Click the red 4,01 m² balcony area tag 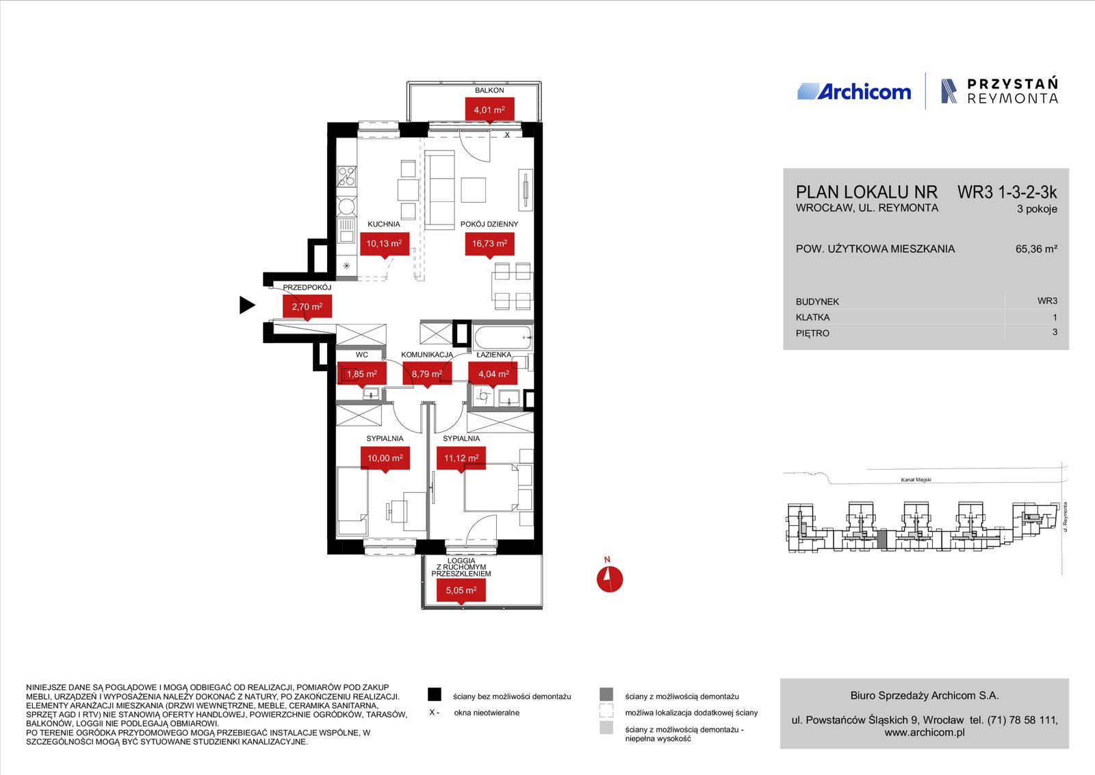click(x=489, y=110)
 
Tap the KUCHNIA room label click(x=384, y=224)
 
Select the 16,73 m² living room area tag click(x=489, y=244)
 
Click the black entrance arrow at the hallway click(x=247, y=305)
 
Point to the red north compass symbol click(x=610, y=579)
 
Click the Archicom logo click(x=854, y=92)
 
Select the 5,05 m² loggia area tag click(x=461, y=590)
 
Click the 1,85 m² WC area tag click(x=362, y=374)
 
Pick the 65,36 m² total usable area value click(x=1036, y=249)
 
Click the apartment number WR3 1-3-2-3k click(x=1007, y=192)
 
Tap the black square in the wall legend click(x=435, y=694)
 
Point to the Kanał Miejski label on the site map click(x=916, y=480)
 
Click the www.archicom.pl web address click(x=925, y=733)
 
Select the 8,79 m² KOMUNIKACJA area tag click(x=427, y=374)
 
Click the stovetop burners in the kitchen click(x=346, y=177)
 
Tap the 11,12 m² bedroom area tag click(x=461, y=458)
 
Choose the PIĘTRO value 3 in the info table click(x=1055, y=332)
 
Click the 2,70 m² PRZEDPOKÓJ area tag click(x=307, y=307)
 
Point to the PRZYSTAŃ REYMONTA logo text click(x=1012, y=91)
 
